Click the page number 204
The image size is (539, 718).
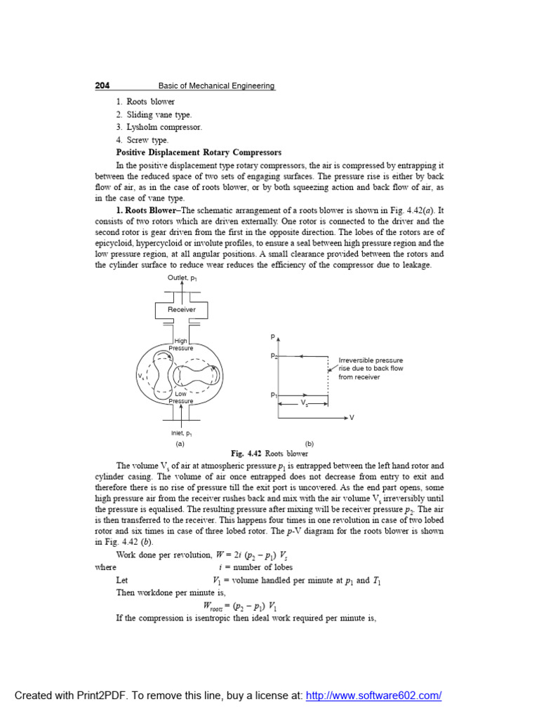pyautogui.click(x=102, y=86)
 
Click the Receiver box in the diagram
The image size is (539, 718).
pyautogui.click(x=182, y=309)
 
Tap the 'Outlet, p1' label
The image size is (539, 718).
pyautogui.click(x=182, y=278)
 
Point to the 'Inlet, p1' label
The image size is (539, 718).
pyautogui.click(x=182, y=433)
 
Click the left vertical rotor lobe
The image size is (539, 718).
pyautogui.click(x=163, y=375)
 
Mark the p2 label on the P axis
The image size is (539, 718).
pyautogui.click(x=274, y=356)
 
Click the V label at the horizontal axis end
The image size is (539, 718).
pyautogui.click(x=352, y=418)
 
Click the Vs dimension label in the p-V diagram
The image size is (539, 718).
pyautogui.click(x=304, y=404)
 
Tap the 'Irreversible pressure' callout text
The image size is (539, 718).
pyautogui.click(x=371, y=360)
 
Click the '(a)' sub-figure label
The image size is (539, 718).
pyautogui.click(x=180, y=444)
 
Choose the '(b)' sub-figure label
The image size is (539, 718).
pyautogui.click(x=309, y=444)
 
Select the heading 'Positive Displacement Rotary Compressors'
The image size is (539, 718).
pyautogui.click(x=199, y=152)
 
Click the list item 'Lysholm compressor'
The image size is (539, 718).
pyautogui.click(x=159, y=127)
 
